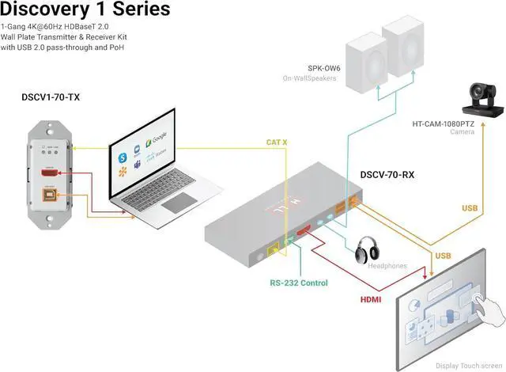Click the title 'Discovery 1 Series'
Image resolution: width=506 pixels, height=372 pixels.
tap(85, 10)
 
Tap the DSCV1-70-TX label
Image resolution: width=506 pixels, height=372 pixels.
tap(51, 97)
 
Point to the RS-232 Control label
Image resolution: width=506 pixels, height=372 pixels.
tap(298, 282)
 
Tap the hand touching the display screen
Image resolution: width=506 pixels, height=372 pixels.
tap(484, 306)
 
